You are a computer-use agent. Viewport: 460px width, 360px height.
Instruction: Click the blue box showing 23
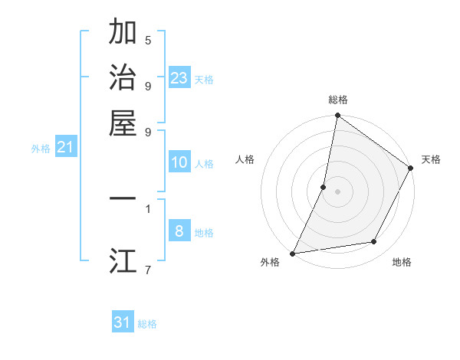[179, 77]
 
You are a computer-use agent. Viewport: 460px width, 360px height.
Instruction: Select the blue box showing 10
[179, 162]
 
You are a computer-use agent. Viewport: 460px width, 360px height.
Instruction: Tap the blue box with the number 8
[179, 231]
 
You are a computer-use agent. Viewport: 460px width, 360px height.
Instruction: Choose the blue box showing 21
[64, 146]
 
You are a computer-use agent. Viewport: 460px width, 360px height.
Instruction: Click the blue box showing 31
[123, 322]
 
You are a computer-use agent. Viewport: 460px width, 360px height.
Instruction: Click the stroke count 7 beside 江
[148, 269]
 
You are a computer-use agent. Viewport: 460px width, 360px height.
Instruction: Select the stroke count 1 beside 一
[148, 208]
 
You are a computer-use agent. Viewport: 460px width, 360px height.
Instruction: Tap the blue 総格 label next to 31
[147, 324]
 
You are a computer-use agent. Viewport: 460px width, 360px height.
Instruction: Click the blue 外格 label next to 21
[41, 149]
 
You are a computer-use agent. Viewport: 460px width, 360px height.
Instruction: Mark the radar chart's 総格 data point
[337, 116]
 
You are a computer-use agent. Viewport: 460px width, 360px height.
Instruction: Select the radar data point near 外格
[293, 253]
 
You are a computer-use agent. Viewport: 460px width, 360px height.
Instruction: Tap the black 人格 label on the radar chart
[245, 159]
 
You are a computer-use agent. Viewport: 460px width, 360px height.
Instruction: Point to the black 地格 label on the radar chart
[402, 262]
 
